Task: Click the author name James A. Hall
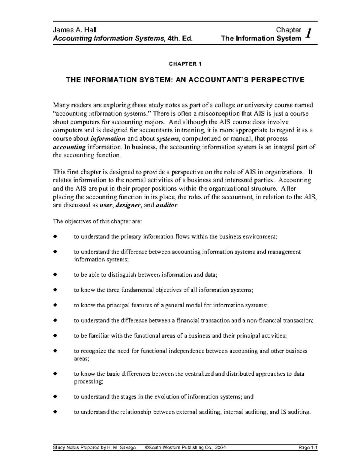point(75,30)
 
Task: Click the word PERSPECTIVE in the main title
point(277,80)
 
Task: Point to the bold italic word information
point(108,139)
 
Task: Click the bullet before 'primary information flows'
point(55,236)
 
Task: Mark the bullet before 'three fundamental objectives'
point(55,290)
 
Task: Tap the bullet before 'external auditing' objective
point(55,412)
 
